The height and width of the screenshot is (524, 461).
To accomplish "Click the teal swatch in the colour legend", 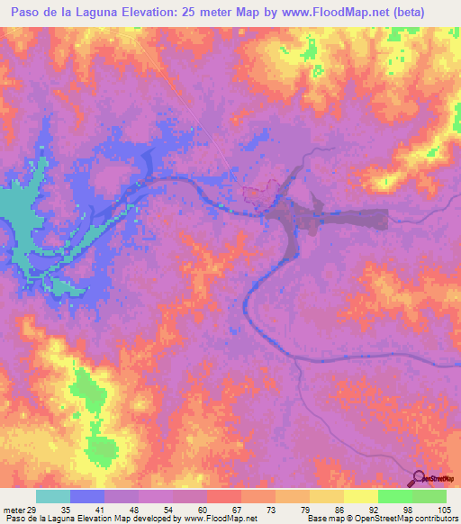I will [52, 496].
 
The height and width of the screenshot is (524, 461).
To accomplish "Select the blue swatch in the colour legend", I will [86, 496].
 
